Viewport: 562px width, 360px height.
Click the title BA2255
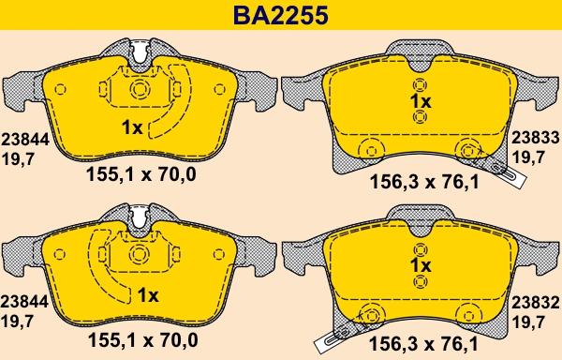(x=281, y=15)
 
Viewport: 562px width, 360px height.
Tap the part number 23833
(x=535, y=138)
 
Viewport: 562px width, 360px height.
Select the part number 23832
(x=535, y=303)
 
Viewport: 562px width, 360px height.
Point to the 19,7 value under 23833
(x=528, y=157)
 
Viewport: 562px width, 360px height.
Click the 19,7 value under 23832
(x=528, y=322)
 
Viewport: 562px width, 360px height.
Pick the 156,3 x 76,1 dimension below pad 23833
(x=424, y=182)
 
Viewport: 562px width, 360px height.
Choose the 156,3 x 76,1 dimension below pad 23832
(x=423, y=344)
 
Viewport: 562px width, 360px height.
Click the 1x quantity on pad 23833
(x=421, y=102)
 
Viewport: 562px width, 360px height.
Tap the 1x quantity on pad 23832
(x=421, y=265)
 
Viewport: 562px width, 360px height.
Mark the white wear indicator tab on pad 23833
(x=509, y=173)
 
